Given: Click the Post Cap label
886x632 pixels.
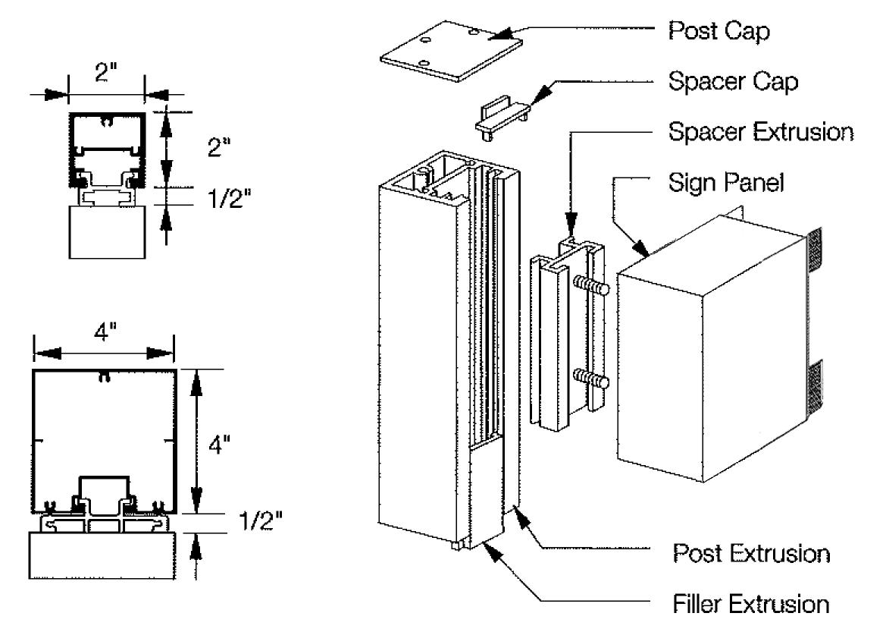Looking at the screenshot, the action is [x=719, y=30].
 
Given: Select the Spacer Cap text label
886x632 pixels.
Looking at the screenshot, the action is [x=733, y=81].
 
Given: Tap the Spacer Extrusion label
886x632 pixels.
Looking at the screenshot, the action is [x=760, y=132].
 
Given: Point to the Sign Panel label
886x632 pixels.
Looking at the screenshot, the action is [x=726, y=182].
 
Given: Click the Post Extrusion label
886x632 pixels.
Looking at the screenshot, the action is [x=751, y=553].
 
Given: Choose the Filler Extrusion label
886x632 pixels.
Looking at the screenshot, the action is [x=751, y=604].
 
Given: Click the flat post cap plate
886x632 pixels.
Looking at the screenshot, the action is [x=451, y=51].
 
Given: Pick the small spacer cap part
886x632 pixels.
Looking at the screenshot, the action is [x=502, y=118].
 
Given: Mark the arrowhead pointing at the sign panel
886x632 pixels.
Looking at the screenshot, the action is [x=640, y=247].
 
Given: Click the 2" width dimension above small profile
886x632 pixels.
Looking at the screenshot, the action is [x=105, y=72].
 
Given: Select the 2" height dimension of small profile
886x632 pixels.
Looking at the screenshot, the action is [x=219, y=148].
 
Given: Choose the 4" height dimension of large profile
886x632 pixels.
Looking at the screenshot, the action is [x=219, y=445].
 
